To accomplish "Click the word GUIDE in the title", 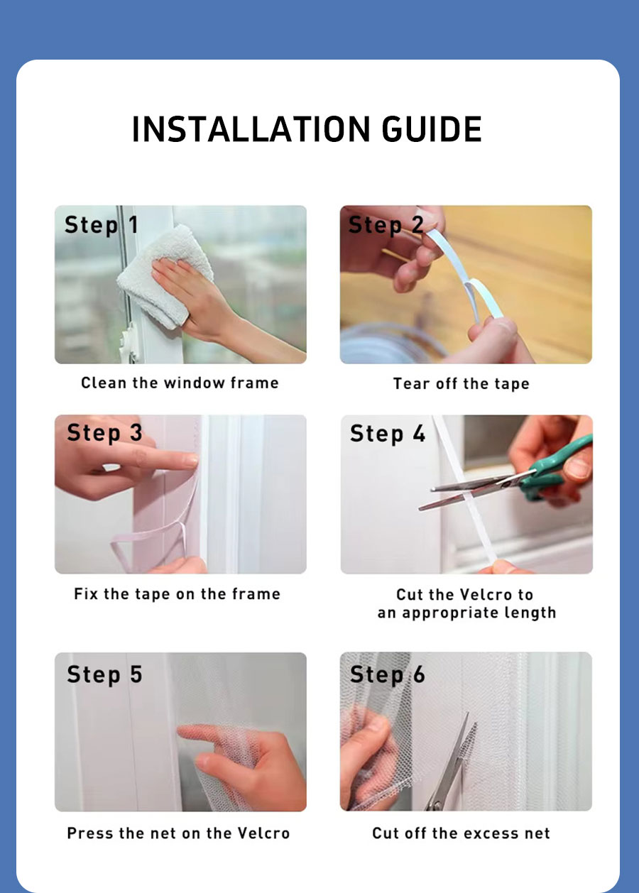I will coord(432,129).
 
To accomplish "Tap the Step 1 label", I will coord(101,226).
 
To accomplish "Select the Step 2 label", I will coord(386,226).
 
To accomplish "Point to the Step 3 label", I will coord(104,433).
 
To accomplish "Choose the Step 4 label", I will coord(387,433).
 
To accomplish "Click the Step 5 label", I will coord(104,674).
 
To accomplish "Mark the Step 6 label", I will coord(387,674).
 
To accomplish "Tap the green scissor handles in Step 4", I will coord(561,465).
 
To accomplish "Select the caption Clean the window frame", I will coord(180,383).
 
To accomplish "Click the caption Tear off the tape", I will coord(461,384).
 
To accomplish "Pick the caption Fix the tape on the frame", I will coord(177,594).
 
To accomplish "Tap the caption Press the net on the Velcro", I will coord(178,833).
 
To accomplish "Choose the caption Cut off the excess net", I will coord(461,833).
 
